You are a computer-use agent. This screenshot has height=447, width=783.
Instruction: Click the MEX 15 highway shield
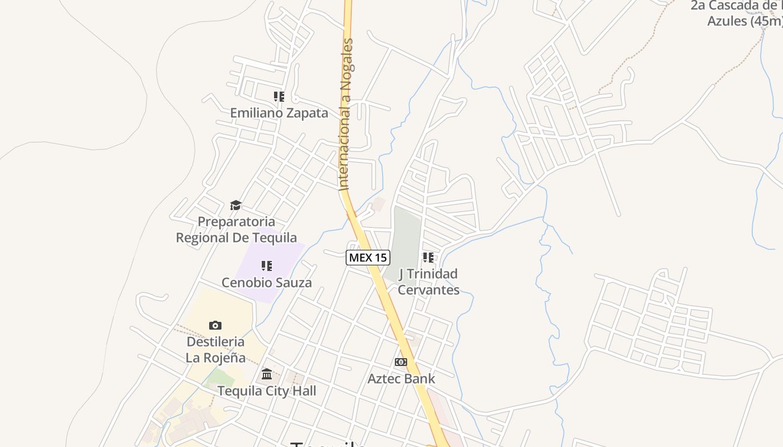[367, 258]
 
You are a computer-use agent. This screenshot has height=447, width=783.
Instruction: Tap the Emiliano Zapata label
[279, 113]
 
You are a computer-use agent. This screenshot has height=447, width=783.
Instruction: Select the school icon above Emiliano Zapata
[279, 97]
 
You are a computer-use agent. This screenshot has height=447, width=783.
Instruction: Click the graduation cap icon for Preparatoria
[235, 205]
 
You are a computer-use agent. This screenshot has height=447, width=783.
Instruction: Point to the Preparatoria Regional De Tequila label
[236, 230]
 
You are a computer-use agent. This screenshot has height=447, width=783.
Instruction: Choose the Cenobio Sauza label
[266, 282]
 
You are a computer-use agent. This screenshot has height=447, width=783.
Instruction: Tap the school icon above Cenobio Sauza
[267, 265]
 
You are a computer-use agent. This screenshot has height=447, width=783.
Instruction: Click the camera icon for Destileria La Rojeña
[215, 325]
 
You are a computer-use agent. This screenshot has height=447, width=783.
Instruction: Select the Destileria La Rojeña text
[215, 349]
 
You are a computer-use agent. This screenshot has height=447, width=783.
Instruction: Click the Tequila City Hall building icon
[267, 373]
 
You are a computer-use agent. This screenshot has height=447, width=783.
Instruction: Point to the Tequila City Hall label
[266, 391]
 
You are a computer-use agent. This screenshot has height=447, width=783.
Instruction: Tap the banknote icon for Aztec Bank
[401, 362]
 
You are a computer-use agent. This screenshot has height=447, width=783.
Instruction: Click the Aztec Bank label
[401, 379]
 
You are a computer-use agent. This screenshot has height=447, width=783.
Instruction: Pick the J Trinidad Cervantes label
[428, 282]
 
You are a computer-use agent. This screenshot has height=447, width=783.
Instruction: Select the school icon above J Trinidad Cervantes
[428, 258]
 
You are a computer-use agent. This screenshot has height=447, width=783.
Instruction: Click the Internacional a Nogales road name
[347, 115]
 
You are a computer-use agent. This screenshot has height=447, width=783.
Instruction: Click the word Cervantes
[428, 290]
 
